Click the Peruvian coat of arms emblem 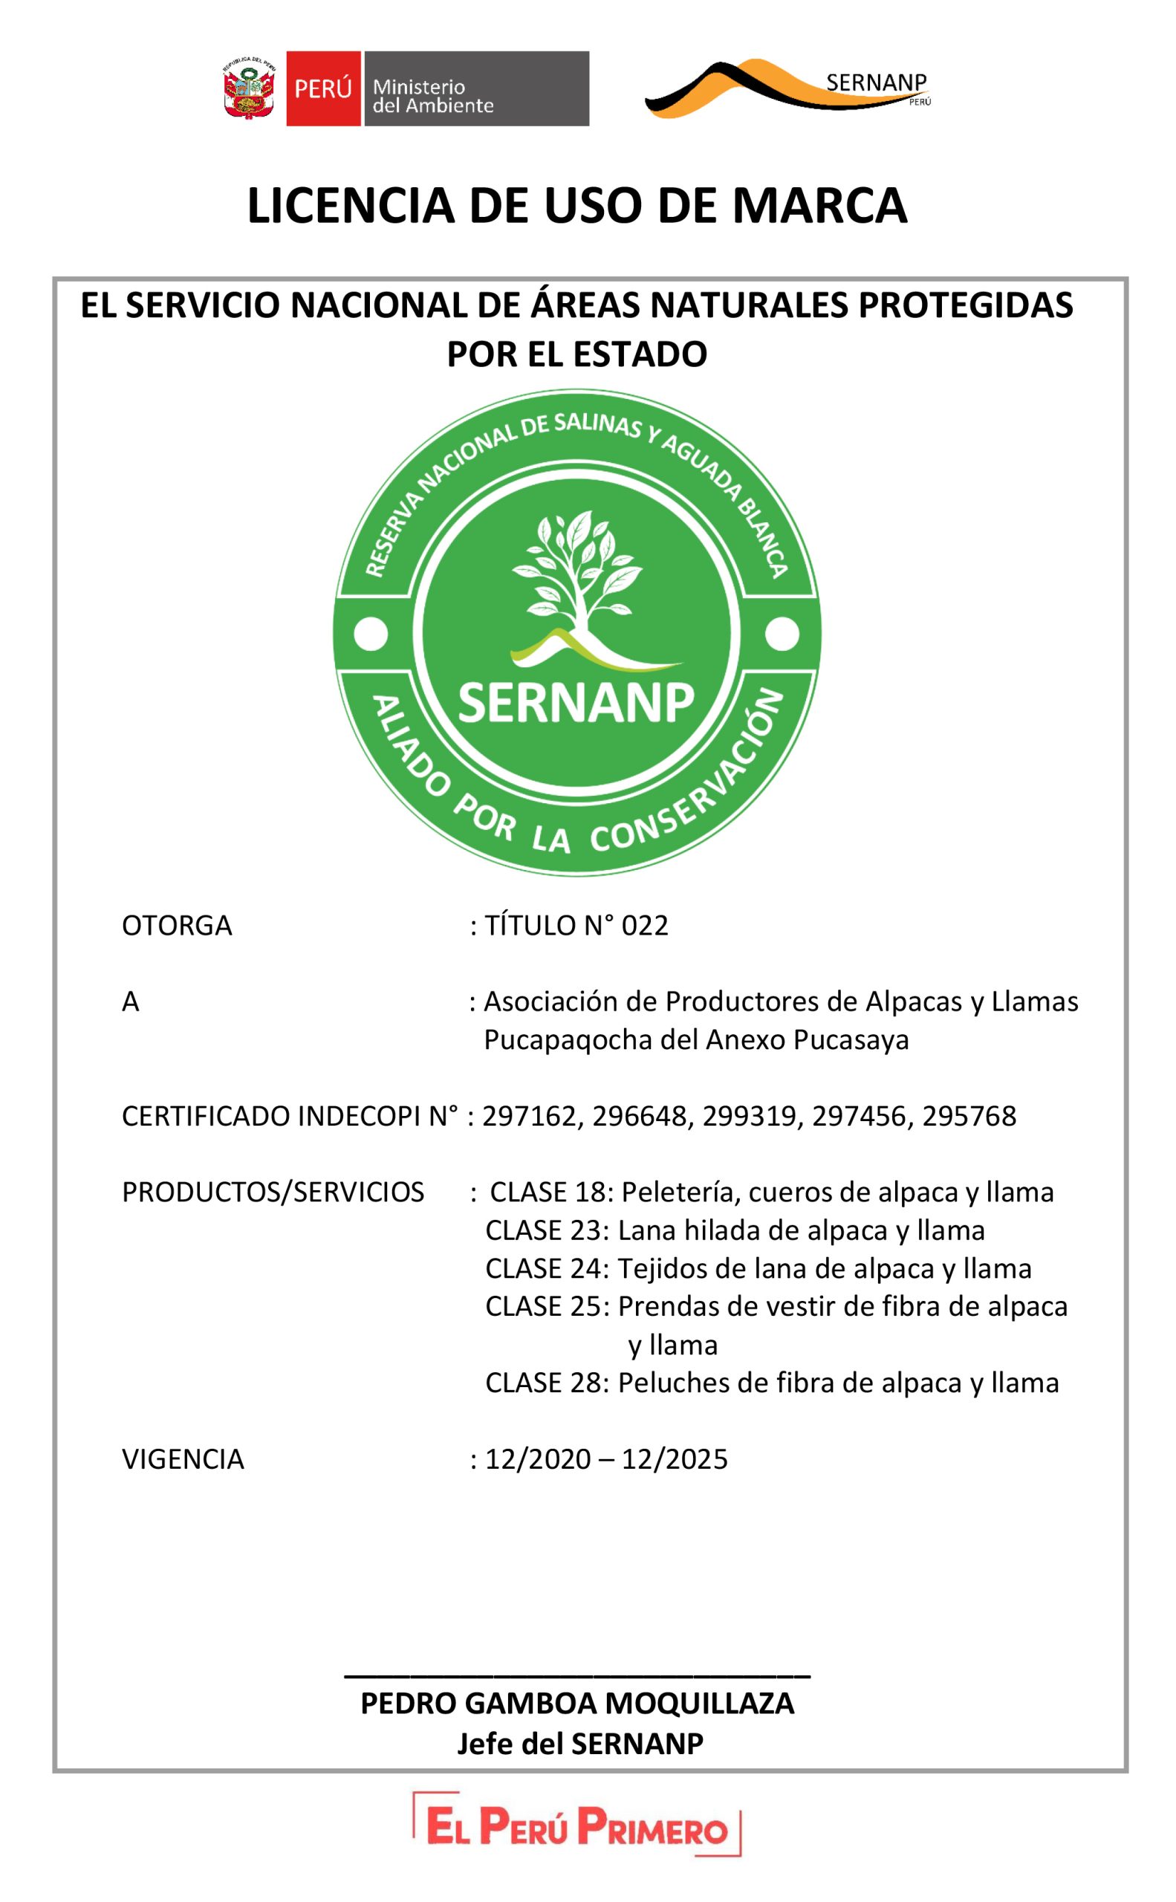click(x=250, y=88)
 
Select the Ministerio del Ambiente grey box click(x=475, y=88)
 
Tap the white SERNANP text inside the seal click(x=576, y=702)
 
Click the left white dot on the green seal click(x=371, y=634)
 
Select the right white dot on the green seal click(x=782, y=634)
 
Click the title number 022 click(x=645, y=926)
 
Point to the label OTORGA click(x=177, y=926)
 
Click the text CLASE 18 click(x=548, y=1192)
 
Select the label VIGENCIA click(x=183, y=1459)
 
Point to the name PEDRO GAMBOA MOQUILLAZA click(x=577, y=1704)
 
